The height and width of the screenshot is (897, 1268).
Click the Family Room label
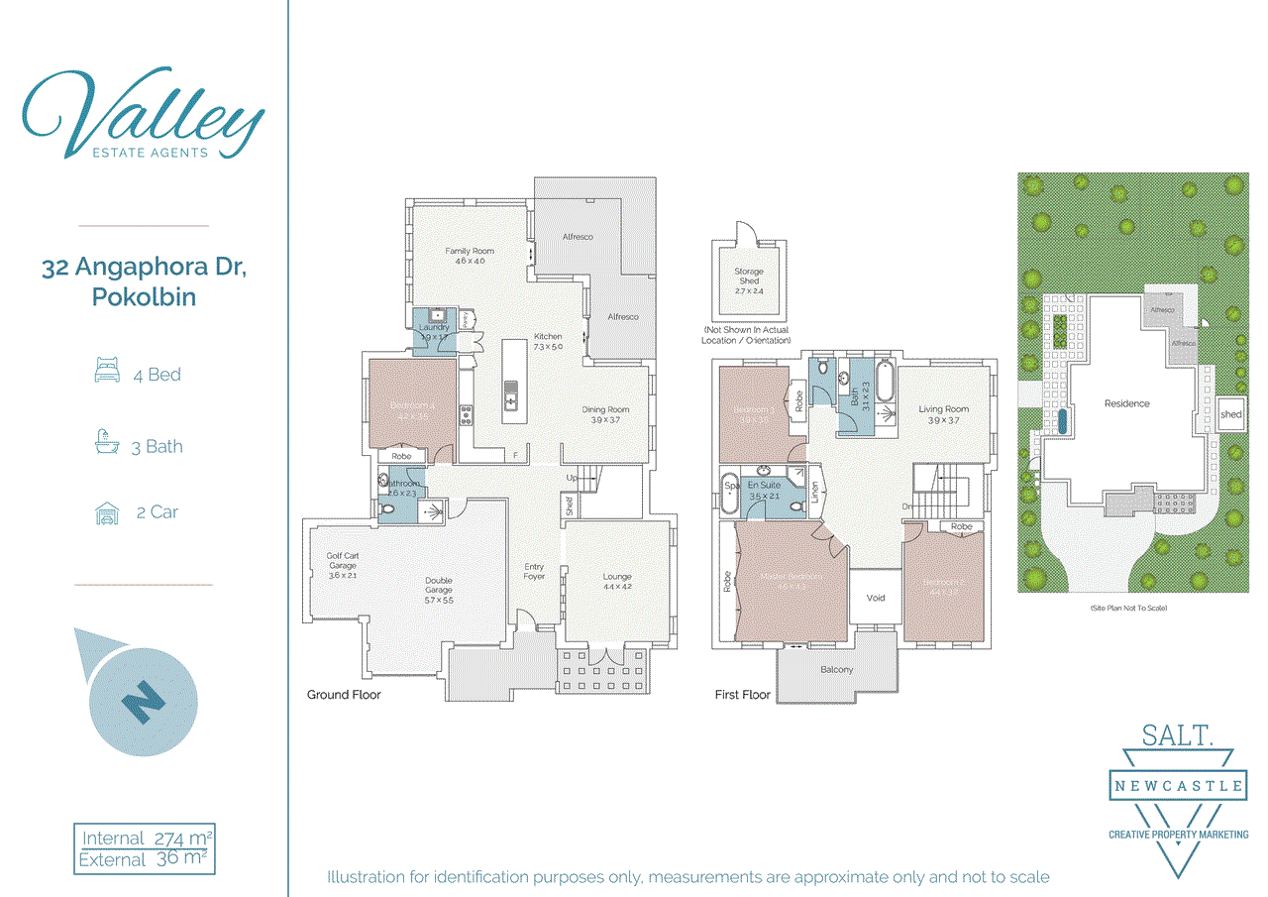[x=469, y=256]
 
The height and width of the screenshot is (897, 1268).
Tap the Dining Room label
[x=604, y=415]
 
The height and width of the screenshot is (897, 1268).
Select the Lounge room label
[x=617, y=581]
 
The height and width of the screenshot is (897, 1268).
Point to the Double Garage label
[x=439, y=587]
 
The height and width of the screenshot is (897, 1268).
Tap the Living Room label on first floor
[x=943, y=414]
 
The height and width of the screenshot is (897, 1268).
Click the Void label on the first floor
[x=875, y=598]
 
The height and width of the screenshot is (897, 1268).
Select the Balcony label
[x=836, y=670]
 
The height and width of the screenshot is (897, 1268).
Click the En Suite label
[x=765, y=490]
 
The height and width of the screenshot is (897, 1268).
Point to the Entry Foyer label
[x=534, y=571]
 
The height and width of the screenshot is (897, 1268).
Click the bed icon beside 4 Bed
[x=106, y=374]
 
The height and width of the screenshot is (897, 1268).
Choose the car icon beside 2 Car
[x=106, y=513]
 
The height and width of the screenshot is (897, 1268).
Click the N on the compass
[x=144, y=701]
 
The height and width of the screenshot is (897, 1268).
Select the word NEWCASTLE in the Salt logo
[x=1177, y=786]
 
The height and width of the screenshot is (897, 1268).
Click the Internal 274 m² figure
[x=147, y=839]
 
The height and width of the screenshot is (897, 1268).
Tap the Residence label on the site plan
[x=1127, y=403]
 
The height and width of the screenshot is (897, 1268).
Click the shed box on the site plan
[x=1231, y=414]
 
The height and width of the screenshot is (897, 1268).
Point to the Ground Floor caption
[x=344, y=695]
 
